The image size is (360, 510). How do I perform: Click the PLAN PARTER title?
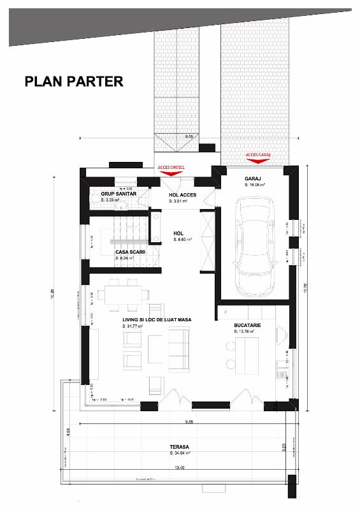click(73, 82)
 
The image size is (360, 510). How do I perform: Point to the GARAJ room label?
click(254, 178)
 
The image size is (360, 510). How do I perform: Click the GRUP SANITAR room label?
click(119, 194)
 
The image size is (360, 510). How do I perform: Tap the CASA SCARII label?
click(128, 252)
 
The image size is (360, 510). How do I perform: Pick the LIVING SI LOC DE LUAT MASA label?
click(157, 319)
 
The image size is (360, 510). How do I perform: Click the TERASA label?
click(180, 447)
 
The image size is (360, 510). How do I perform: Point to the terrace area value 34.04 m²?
click(182, 454)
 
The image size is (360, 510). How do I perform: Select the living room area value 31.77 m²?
click(133, 326)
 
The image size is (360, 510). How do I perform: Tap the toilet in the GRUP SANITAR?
click(98, 201)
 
